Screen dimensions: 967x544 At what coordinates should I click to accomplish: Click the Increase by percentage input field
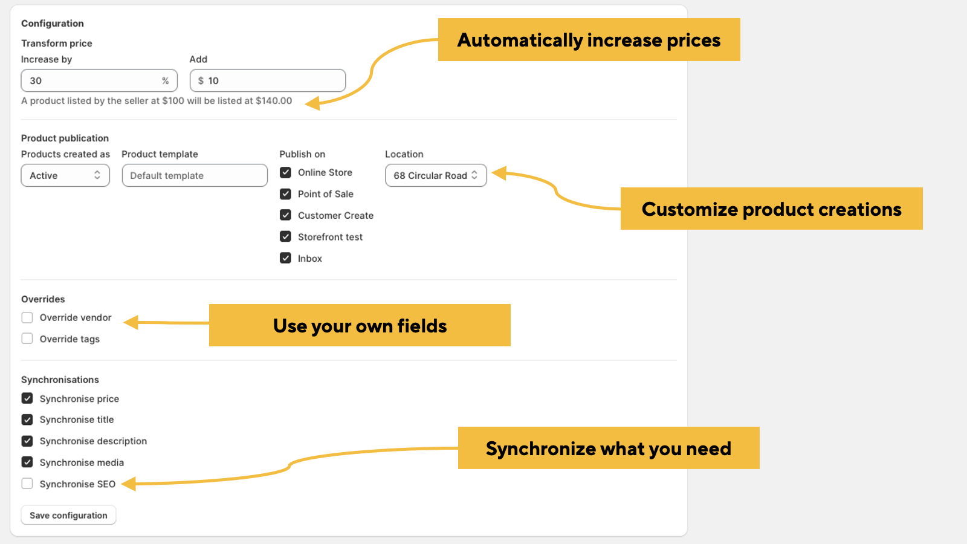pos(99,80)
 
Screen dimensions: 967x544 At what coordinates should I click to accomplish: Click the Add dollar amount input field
pos(268,80)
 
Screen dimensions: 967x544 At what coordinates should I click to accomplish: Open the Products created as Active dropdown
pos(65,175)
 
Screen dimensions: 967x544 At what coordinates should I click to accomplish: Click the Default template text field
pos(195,175)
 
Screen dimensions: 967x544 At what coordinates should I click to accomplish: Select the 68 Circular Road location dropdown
pos(436,175)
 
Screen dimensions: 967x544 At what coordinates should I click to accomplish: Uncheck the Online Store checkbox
pos(285,172)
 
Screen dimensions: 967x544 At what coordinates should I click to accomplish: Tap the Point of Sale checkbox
pos(285,194)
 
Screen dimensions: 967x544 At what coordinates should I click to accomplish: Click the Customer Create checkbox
pos(285,215)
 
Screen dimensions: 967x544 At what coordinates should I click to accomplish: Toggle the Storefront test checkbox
pos(285,236)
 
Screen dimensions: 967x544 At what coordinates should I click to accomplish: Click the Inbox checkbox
pos(285,258)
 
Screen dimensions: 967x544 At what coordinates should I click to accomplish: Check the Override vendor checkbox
pos(27,317)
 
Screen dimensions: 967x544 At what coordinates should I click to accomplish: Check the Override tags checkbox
pos(27,338)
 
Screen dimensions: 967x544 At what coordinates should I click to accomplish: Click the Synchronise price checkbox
pos(27,398)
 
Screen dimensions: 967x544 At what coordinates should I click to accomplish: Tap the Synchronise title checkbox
pos(27,419)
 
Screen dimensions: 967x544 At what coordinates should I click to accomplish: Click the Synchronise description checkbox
pos(27,441)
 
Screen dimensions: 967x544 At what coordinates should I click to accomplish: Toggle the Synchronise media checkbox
pos(27,462)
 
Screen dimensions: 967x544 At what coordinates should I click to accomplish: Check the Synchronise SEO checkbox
pos(27,484)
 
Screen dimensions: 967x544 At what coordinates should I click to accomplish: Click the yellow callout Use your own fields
pos(360,325)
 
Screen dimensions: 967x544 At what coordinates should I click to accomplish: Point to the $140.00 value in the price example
pos(274,100)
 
